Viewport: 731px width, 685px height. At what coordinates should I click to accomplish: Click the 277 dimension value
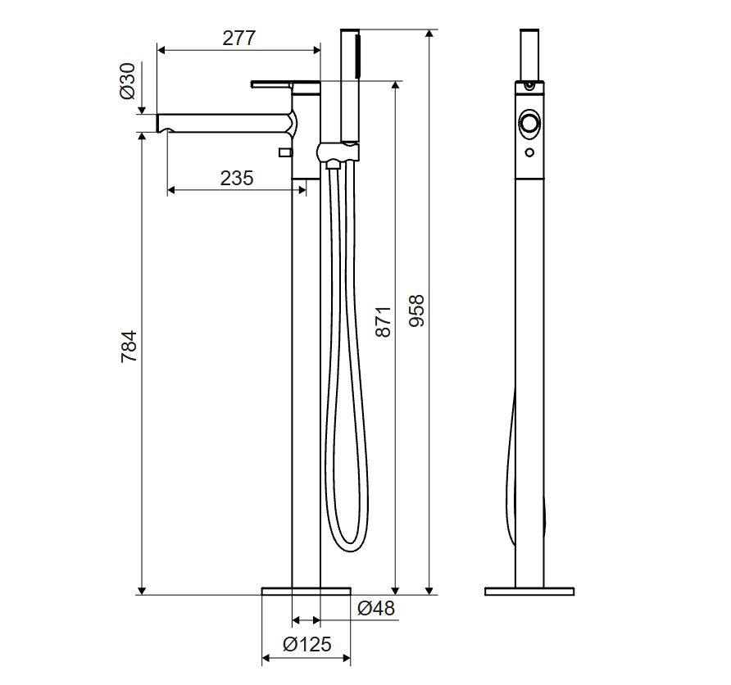tap(238, 39)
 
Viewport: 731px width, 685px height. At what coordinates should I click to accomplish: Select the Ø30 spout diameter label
tap(127, 81)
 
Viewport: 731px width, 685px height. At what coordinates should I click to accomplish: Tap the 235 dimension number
tap(237, 178)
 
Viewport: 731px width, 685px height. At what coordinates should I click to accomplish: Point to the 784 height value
tap(129, 347)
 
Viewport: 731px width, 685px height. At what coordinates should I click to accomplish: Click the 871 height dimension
tap(383, 321)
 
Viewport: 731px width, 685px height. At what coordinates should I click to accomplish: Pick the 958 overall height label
tap(416, 311)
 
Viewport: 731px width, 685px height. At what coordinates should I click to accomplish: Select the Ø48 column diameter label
tap(376, 608)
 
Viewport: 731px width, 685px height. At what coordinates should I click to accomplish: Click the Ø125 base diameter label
tap(306, 645)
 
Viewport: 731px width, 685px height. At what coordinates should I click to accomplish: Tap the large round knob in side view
tap(529, 124)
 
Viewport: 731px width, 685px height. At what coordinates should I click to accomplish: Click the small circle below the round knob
tap(529, 152)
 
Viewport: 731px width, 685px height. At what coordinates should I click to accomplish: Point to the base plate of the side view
tap(529, 592)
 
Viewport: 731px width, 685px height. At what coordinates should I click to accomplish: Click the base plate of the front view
tap(306, 592)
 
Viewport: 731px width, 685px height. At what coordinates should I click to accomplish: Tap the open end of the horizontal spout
tap(158, 123)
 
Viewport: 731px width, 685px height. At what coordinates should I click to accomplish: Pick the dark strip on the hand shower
tap(357, 56)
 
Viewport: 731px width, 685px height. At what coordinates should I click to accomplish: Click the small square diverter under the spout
tap(284, 152)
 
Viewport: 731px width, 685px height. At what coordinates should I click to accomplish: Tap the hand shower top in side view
tap(529, 55)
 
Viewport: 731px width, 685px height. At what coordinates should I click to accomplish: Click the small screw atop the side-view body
tap(529, 85)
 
